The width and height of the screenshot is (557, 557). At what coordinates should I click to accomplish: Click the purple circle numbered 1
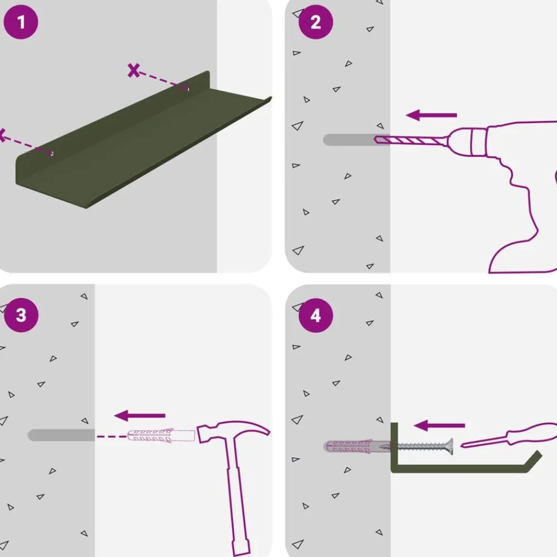[x=21, y=22]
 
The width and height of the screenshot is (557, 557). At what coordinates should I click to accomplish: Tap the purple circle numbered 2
[x=316, y=22]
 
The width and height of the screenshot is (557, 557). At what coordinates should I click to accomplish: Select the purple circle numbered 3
[x=21, y=315]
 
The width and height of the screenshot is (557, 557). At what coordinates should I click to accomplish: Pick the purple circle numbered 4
[x=316, y=315]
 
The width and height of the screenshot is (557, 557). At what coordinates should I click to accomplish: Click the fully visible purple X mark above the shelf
[x=134, y=70]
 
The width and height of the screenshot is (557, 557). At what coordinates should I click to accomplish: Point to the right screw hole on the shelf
[x=188, y=89]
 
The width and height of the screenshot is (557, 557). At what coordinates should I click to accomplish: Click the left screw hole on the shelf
[x=52, y=153]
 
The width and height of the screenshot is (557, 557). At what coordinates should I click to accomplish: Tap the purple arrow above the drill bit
[x=431, y=115]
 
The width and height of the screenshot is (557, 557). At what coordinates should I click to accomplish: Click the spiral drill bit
[x=411, y=140]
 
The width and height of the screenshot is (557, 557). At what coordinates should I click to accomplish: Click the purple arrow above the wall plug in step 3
[x=140, y=416]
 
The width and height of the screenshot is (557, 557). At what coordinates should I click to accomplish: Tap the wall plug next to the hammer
[x=161, y=436]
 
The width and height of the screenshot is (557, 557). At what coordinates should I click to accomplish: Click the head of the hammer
[x=233, y=431]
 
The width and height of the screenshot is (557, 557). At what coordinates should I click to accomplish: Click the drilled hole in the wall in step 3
[x=61, y=435]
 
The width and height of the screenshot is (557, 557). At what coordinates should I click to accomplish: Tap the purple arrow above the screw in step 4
[x=439, y=425]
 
